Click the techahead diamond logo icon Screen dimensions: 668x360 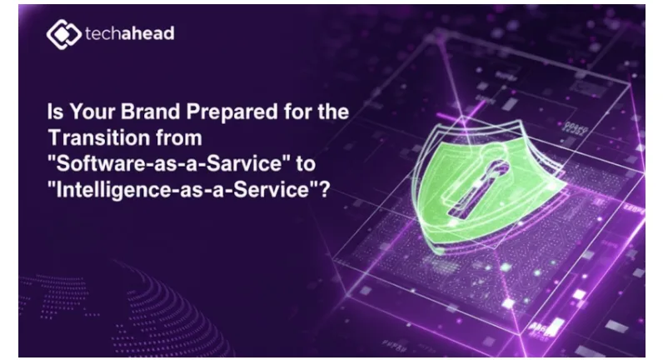click(64, 34)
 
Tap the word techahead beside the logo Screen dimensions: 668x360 click(130, 33)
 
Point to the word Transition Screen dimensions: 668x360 click(98, 138)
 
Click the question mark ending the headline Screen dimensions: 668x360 click(325, 190)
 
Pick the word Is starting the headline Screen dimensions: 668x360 click(55, 112)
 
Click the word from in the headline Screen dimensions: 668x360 click(178, 138)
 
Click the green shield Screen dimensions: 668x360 click(486, 187)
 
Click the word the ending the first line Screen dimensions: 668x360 click(333, 112)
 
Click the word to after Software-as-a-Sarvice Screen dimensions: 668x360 click(306, 164)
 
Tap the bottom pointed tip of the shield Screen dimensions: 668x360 click(439, 252)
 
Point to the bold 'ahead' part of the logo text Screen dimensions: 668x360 click(147, 33)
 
